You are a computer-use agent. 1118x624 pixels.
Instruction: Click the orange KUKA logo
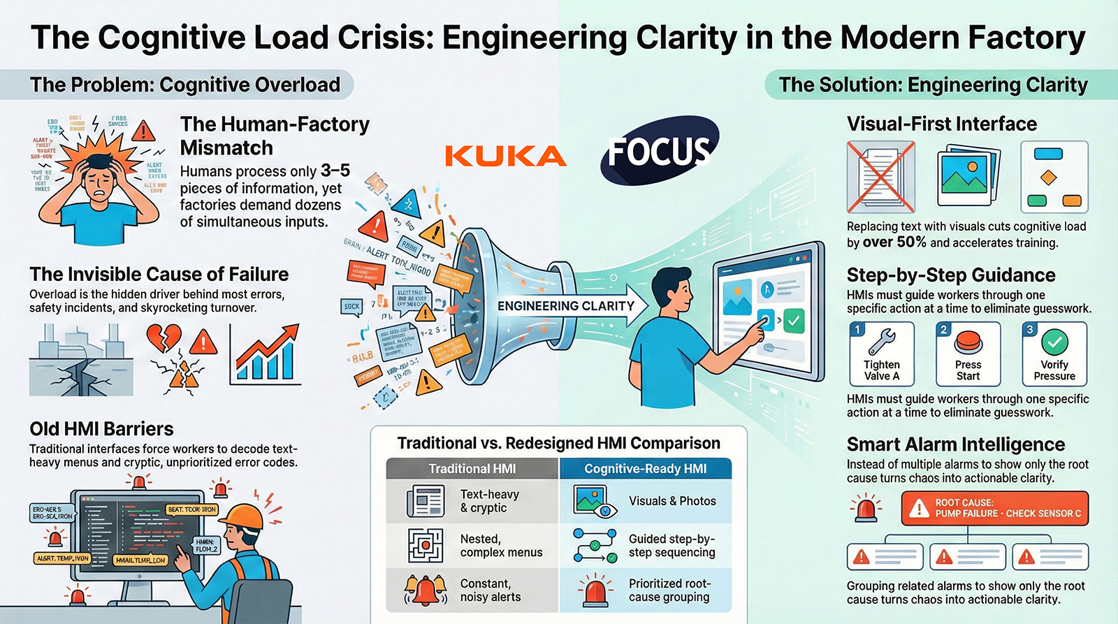[x=505, y=156]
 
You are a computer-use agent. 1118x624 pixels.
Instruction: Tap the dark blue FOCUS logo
[x=659, y=150]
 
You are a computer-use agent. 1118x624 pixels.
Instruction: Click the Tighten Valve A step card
[x=882, y=354]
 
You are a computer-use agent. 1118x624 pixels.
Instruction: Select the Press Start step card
[x=968, y=354]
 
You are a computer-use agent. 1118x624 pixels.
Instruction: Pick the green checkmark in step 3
[x=1054, y=342]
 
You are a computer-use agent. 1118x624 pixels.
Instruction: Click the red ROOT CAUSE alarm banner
[x=994, y=508]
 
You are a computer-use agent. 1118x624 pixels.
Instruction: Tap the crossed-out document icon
[x=881, y=176]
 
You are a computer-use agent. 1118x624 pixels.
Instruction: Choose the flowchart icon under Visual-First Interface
[x=1054, y=176]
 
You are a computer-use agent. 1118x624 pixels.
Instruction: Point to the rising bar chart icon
[x=266, y=354]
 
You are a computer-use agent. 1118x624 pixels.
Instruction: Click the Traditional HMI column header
[x=472, y=469]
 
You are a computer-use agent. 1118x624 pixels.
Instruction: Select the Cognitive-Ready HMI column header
[x=645, y=469]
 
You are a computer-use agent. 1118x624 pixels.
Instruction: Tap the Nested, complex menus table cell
[x=472, y=546]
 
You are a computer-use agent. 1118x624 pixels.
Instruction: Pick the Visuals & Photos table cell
[x=645, y=501]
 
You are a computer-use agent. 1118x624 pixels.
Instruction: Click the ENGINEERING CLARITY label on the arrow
[x=566, y=306]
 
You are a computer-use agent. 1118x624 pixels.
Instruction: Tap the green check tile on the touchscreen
[x=793, y=321]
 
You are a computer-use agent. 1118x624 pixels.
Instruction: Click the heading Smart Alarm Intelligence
[x=955, y=444]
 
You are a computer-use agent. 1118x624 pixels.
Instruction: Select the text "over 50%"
[x=894, y=242]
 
